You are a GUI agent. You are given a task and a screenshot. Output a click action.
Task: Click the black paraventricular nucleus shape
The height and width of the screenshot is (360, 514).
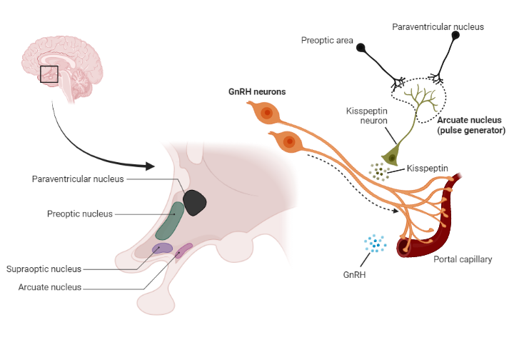click(195, 202)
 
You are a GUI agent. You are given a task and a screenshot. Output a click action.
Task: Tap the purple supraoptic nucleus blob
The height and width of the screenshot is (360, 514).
click(162, 249)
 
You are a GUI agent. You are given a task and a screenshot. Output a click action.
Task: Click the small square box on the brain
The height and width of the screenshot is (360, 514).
click(49, 74)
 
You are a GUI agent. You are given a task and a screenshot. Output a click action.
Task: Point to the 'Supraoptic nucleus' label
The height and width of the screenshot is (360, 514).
click(44, 269)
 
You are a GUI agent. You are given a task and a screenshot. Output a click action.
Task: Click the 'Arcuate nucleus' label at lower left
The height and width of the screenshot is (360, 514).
click(49, 287)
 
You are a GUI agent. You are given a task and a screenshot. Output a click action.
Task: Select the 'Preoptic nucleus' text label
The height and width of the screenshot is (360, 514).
click(79, 214)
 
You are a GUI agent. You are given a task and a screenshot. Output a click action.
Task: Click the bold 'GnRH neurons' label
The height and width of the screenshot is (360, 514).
click(256, 91)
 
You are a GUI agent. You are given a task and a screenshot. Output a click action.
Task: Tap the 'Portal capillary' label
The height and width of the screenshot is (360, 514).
click(463, 259)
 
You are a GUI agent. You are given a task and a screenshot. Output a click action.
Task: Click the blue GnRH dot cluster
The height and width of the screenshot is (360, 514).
click(375, 244)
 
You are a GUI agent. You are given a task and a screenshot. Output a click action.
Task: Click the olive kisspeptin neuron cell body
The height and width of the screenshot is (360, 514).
click(390, 156)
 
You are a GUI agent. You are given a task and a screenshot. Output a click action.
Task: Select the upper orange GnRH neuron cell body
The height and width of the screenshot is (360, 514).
click(266, 113)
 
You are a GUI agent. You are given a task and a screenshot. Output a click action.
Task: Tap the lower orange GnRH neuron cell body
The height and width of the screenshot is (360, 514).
click(289, 143)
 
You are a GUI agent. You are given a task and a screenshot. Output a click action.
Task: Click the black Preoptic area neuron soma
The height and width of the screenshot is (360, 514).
click(362, 48)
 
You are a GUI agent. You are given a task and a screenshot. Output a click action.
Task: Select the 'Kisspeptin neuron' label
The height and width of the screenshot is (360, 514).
click(366, 116)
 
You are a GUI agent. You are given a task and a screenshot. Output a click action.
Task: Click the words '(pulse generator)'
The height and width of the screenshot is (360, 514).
click(470, 131)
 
